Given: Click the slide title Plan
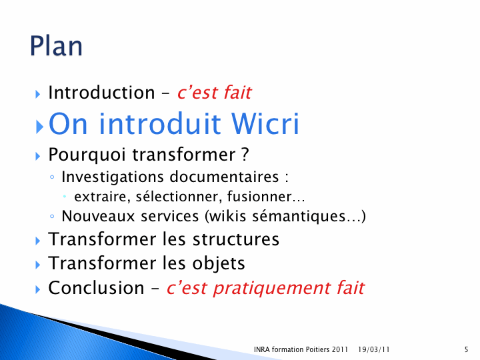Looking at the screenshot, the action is tap(56, 46).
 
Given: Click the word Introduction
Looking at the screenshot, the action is tap(101, 92).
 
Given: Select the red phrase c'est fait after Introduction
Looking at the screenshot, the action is tap(214, 92).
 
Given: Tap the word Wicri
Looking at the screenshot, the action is tap(265, 123).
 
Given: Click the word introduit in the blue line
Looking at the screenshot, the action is tap(160, 123).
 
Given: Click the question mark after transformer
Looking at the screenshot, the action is tap(245, 154).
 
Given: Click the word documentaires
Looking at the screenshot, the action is tap(224, 177).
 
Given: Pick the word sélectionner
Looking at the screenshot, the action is tap(179, 197).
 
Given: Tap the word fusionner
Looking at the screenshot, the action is tap(259, 197).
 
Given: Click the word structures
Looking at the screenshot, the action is tap(236, 239).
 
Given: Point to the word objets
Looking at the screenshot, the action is tap(219, 263).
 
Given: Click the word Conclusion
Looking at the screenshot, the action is tap(96, 288).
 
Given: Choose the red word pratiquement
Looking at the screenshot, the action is tap(272, 289).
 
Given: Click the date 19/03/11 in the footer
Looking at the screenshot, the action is tap(374, 349).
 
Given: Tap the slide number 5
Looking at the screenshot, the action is tap(466, 349).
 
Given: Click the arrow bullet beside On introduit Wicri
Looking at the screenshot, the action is tap(39, 127).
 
